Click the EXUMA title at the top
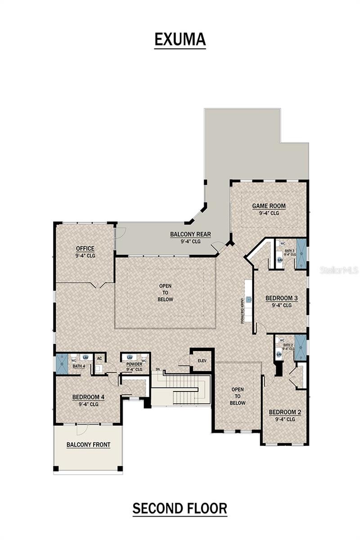click(x=180, y=40)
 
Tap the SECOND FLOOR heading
click(x=180, y=508)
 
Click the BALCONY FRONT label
click(x=88, y=445)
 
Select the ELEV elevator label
click(x=202, y=360)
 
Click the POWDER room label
click(x=134, y=364)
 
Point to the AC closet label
click(x=100, y=358)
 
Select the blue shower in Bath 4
click(x=62, y=364)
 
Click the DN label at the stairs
click(x=157, y=369)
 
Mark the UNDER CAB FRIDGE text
click(x=242, y=310)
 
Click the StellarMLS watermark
click(x=339, y=270)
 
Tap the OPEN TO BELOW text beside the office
click(x=166, y=292)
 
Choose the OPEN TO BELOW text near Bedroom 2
click(x=238, y=396)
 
